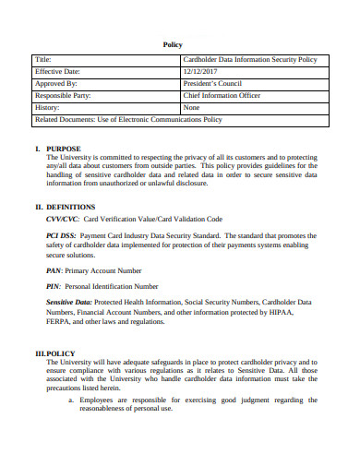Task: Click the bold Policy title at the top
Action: pyautogui.click(x=173, y=43)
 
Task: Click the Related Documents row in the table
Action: pyautogui.click(x=128, y=120)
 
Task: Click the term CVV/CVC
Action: pyautogui.click(x=62, y=220)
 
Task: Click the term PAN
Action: pyautogui.click(x=54, y=270)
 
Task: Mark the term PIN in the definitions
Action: pyautogui.click(x=53, y=286)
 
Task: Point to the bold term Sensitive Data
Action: pyautogui.click(x=70, y=304)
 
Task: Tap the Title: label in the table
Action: pyautogui.click(x=46, y=60)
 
